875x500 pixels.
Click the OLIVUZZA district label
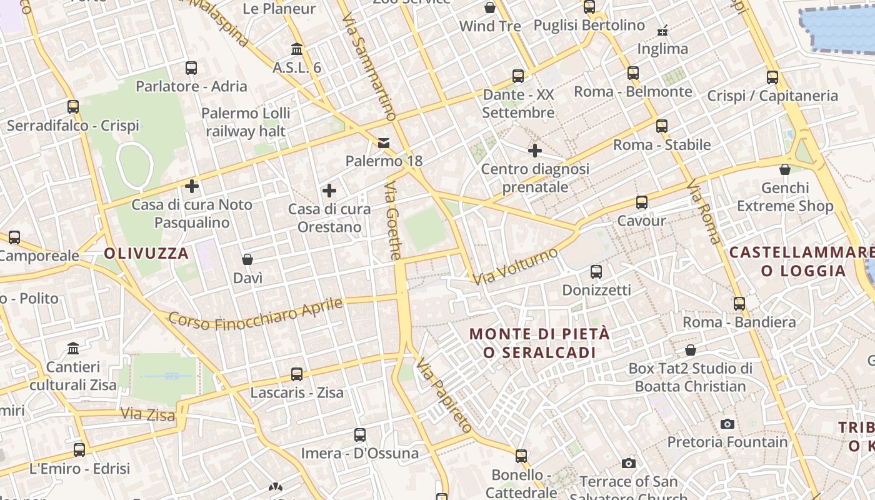[146, 253]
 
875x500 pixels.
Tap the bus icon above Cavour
[642, 202]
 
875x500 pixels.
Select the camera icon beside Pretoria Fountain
[727, 424]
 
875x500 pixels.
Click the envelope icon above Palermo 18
[384, 143]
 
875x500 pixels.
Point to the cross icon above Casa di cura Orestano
[329, 191]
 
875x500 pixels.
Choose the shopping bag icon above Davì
[247, 259]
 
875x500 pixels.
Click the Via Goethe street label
[392, 221]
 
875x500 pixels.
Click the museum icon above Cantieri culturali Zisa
[73, 348]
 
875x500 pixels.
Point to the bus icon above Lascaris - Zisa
[297, 374]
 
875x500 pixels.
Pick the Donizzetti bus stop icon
[596, 272]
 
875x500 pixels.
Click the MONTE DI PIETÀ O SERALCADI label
[539, 343]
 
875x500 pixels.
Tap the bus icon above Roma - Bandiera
[739, 304]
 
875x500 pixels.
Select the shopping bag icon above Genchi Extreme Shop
[785, 169]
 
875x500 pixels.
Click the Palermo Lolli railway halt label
[246, 122]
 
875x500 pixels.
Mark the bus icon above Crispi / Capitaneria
[772, 77]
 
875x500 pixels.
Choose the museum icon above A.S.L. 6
[297, 49]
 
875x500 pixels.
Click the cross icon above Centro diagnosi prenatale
[535, 151]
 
